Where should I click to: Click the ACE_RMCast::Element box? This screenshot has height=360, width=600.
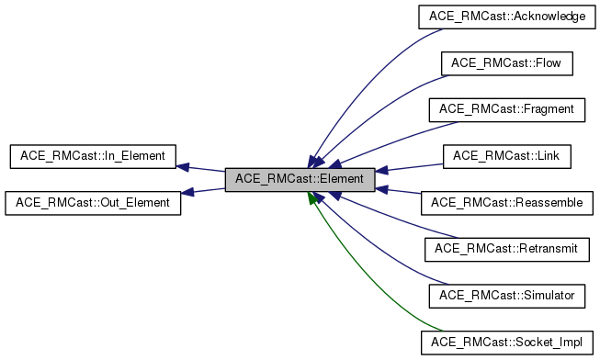300,179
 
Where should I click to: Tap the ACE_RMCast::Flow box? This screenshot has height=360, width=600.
507,63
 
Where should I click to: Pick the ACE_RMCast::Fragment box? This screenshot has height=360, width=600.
507,109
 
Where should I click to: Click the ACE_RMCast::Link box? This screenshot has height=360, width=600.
507,156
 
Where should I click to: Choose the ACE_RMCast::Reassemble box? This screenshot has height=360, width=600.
507,202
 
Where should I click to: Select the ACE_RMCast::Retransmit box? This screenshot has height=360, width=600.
507,248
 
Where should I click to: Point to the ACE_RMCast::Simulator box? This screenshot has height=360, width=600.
507,295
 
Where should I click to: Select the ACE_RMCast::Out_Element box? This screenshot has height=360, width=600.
94,202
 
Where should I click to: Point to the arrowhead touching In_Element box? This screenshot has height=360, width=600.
183,167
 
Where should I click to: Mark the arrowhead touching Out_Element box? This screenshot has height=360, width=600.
187,192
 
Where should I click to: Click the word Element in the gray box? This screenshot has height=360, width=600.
344,179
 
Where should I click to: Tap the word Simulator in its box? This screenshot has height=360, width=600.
542,295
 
